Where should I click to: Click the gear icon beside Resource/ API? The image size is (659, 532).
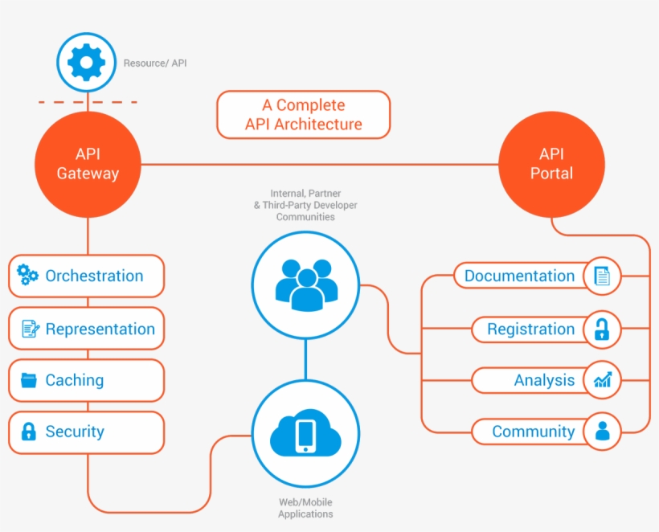tap(87, 62)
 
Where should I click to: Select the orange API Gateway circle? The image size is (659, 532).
tap(88, 164)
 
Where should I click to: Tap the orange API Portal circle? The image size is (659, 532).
tap(551, 164)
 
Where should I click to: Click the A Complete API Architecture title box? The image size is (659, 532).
tap(303, 115)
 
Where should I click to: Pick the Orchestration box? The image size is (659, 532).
tap(87, 276)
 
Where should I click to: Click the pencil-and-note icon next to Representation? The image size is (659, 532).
tap(30, 329)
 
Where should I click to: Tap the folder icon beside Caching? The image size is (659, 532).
tap(29, 380)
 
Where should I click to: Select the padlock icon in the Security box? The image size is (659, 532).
tap(29, 432)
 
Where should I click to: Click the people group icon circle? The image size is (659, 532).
tap(305, 284)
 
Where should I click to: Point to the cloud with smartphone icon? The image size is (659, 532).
tap(305, 435)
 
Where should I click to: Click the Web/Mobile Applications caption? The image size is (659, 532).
tap(305, 508)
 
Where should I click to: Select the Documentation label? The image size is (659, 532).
tap(519, 276)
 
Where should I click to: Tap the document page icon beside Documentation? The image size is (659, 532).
tap(602, 276)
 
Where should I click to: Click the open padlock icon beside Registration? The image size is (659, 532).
tap(602, 329)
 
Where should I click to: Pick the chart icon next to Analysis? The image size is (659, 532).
tap(602, 380)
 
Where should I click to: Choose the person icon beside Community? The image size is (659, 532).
tap(602, 432)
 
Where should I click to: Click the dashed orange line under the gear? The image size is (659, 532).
tap(88, 102)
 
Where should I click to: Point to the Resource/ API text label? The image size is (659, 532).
tap(155, 63)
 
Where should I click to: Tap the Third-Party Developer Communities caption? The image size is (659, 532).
tap(305, 205)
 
